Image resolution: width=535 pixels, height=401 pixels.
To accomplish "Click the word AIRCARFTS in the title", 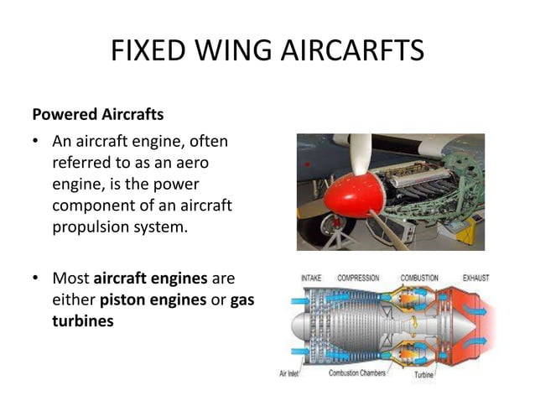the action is tap(353, 50).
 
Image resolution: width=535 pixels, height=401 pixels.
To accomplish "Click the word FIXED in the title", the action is tap(148, 50).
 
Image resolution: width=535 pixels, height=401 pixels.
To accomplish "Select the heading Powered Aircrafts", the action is tap(98, 114).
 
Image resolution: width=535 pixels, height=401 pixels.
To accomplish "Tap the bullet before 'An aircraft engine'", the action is tap(35, 141).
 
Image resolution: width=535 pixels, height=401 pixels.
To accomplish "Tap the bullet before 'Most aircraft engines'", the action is tap(35, 278).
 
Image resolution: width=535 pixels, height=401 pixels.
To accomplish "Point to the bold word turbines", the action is tap(83, 321).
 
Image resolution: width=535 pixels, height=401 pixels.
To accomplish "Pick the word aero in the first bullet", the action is tap(192, 163).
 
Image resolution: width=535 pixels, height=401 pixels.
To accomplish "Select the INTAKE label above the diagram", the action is tap(311, 279).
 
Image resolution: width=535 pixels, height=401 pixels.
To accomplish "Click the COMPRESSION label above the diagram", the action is tap(358, 279).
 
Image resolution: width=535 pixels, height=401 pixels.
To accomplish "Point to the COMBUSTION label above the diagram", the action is tap(419, 279).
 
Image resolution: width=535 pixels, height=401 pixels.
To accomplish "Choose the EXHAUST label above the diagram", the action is tap(476, 279).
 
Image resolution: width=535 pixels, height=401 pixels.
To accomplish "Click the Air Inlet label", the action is tap(288, 373).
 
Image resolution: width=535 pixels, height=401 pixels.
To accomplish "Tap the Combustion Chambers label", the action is tap(357, 372).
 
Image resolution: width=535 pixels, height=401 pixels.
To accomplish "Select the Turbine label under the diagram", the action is tap(423, 375).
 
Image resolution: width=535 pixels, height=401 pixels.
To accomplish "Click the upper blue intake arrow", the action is tap(300, 301).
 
